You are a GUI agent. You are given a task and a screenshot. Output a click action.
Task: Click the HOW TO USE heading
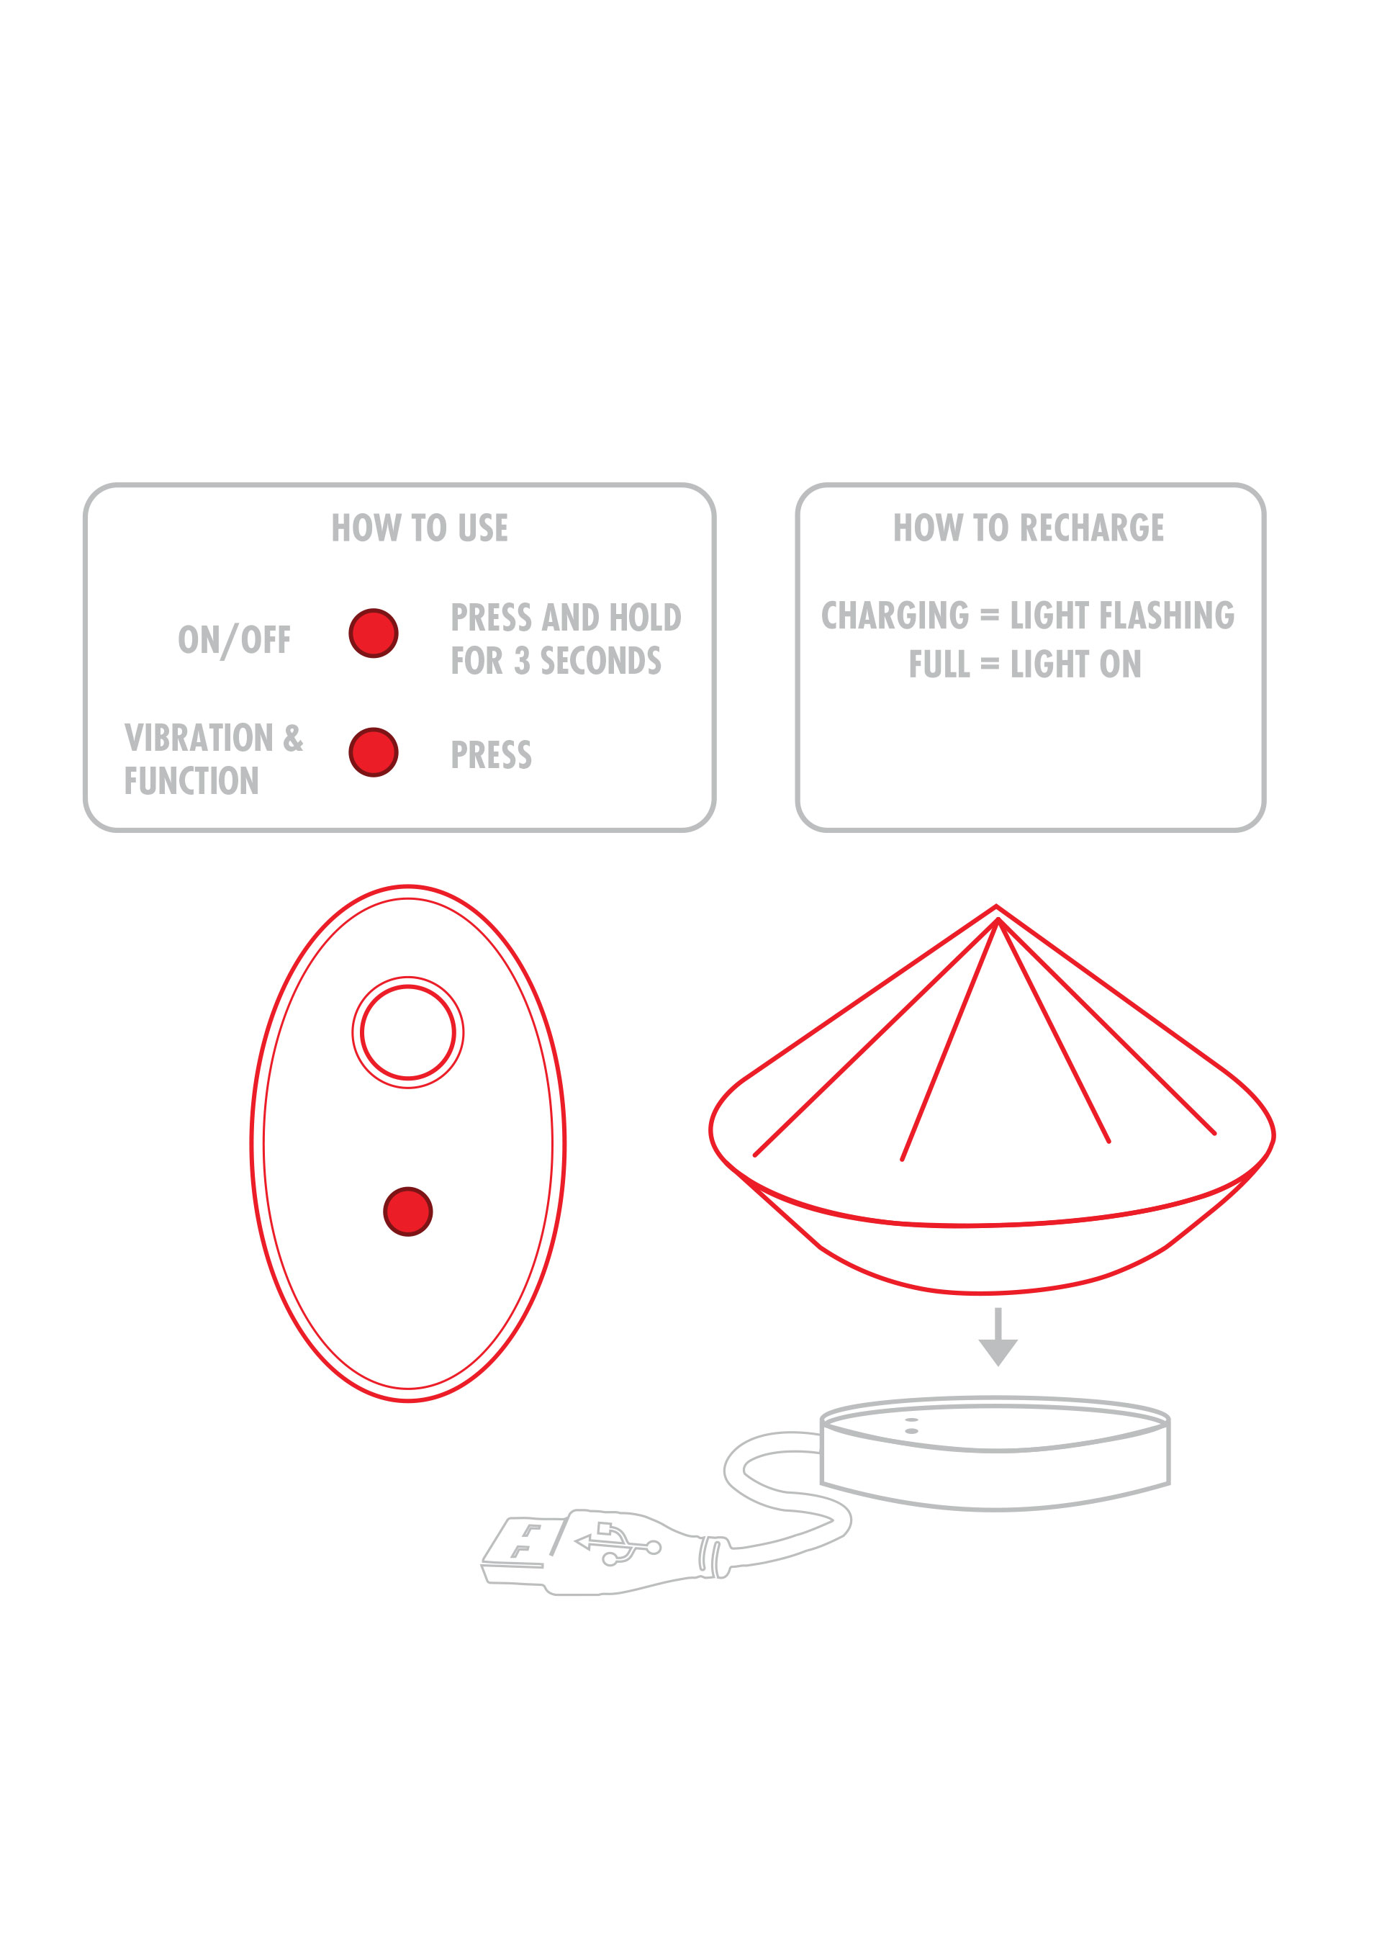(420, 528)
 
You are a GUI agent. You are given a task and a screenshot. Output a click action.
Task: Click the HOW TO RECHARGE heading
(1028, 528)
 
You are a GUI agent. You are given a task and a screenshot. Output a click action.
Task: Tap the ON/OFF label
(235, 641)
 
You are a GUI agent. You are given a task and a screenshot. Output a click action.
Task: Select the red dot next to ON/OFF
(374, 633)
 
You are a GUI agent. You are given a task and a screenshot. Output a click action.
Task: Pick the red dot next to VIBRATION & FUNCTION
(374, 752)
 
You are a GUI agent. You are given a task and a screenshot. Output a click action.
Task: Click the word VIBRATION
(199, 739)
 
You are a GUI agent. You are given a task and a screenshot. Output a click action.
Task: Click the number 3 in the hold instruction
(522, 661)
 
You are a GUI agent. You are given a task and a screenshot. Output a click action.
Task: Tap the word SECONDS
(601, 661)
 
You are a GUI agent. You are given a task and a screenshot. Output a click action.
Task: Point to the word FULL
(939, 664)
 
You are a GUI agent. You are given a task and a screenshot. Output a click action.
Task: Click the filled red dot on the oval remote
(408, 1211)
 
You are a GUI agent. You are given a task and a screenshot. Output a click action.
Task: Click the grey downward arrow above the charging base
(998, 1336)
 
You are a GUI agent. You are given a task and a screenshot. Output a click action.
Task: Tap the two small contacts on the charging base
(911, 1426)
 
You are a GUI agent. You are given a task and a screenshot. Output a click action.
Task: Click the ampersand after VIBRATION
(293, 739)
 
